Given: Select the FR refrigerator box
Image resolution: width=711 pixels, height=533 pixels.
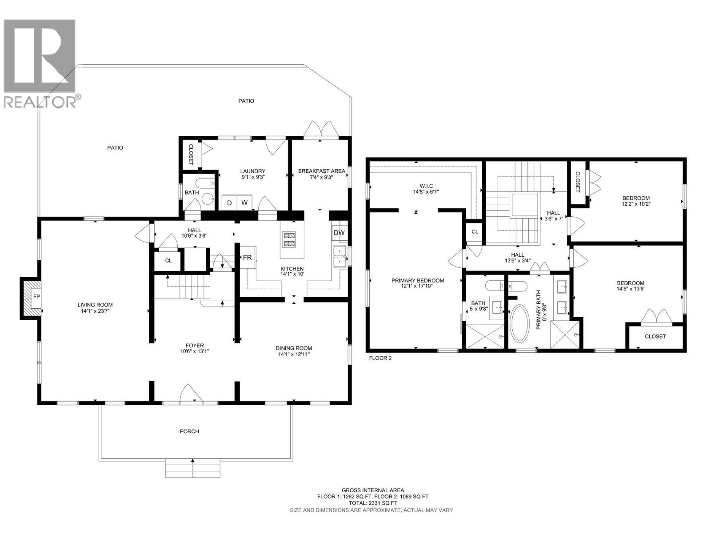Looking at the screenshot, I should pos(247,258).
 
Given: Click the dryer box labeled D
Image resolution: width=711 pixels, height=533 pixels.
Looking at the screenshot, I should pos(229,203).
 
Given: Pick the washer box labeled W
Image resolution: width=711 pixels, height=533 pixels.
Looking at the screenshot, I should pos(244,203).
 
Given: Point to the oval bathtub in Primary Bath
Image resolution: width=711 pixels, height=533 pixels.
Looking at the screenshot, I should pos(519,323).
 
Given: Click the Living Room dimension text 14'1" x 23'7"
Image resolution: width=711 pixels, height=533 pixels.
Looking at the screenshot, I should pos(95,311).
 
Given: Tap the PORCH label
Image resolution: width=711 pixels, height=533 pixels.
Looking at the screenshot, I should pos(189,431).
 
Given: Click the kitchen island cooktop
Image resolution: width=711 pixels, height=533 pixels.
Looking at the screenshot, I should pos(290,239).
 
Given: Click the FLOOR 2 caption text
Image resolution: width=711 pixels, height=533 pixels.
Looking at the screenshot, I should pos(380,358).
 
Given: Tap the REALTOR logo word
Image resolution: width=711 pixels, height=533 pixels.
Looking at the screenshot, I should pos(40,102).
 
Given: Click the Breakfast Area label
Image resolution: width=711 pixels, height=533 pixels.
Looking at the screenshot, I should pos(321,171).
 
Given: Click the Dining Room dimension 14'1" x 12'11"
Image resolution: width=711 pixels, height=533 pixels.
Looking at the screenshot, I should pos(294,354).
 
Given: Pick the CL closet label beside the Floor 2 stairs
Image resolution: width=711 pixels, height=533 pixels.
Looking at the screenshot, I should pos(475,231).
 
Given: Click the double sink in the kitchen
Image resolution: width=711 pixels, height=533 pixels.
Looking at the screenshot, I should pos(340,256).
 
